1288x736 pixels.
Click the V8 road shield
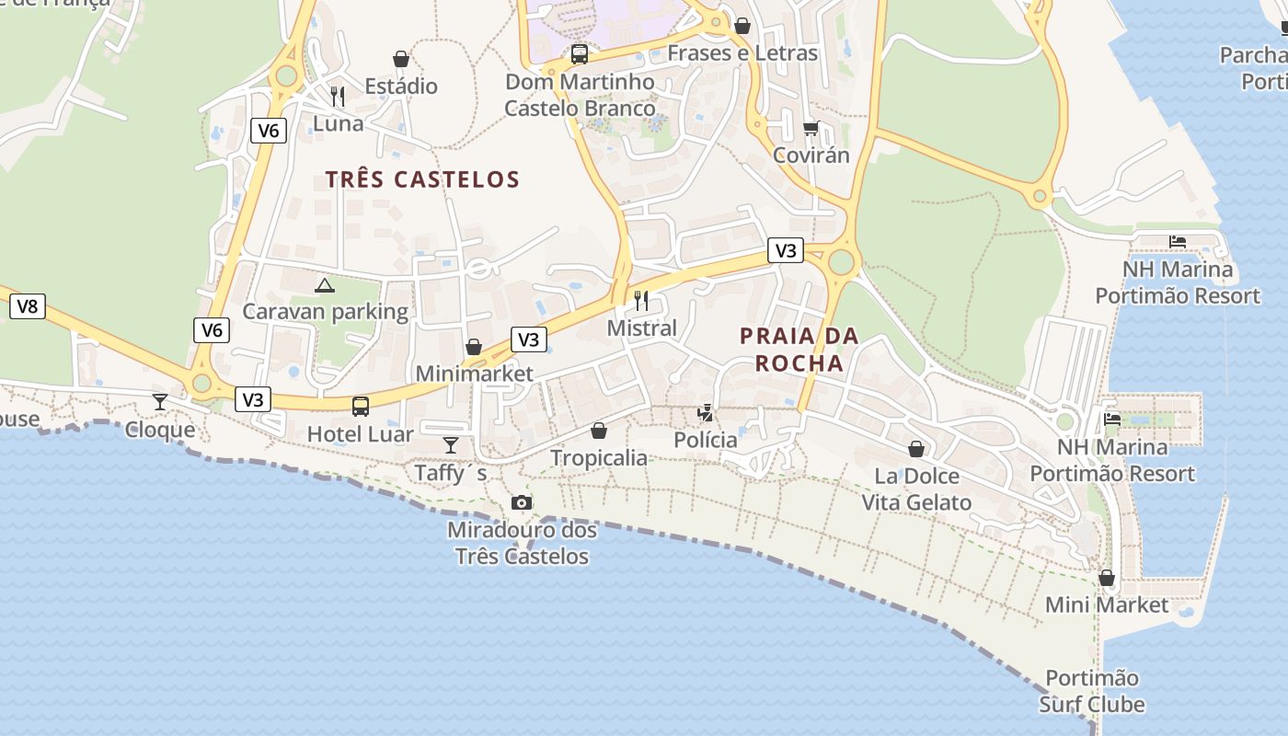(28, 306)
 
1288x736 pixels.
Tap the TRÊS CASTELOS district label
(422, 179)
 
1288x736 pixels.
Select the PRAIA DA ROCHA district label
(799, 350)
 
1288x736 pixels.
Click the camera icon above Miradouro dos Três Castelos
(522, 502)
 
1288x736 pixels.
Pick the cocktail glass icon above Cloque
(160, 401)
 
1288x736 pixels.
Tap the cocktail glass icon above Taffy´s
(450, 445)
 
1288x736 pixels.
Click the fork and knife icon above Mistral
(641, 300)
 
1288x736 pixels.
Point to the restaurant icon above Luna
(338, 96)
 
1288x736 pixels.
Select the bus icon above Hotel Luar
(361, 406)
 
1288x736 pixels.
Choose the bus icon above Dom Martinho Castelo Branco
(579, 54)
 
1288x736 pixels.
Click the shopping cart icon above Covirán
(811, 128)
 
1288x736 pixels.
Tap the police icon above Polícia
(705, 413)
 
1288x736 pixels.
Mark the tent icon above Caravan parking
(324, 285)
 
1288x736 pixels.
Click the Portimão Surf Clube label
(1092, 692)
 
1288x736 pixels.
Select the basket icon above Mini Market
(1107, 578)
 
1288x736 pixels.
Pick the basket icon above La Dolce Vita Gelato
(916, 449)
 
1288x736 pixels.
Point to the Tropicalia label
(599, 458)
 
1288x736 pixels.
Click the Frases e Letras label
(742, 53)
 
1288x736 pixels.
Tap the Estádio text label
(401, 86)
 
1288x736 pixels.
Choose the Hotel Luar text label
(360, 434)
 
